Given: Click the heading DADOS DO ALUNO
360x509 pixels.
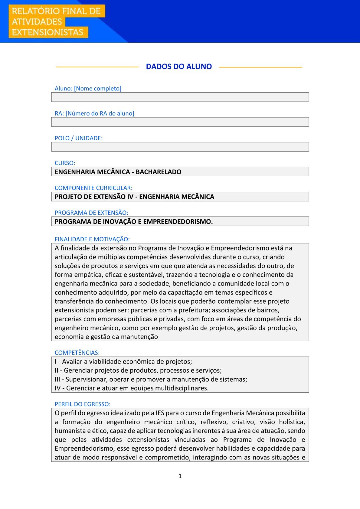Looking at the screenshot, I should click(x=179, y=67).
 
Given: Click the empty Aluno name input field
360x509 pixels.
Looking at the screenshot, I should click(x=180, y=97).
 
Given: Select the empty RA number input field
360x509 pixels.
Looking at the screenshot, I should click(x=180, y=122).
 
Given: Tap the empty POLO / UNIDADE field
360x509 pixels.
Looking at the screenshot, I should click(x=180, y=147).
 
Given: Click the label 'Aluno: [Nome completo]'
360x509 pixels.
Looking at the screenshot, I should click(x=88, y=88).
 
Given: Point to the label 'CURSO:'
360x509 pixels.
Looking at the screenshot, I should click(x=65, y=163).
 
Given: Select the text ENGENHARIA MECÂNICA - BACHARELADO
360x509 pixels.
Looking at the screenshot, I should click(x=118, y=172).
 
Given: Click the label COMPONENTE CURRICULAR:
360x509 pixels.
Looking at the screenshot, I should click(x=93, y=188).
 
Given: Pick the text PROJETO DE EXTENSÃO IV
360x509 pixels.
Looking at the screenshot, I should click(x=94, y=197).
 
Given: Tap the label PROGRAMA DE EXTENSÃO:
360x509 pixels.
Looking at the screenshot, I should click(x=91, y=213).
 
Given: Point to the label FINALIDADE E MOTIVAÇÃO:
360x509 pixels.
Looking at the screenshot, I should click(x=92, y=239).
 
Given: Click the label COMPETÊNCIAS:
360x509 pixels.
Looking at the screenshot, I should click(x=77, y=353).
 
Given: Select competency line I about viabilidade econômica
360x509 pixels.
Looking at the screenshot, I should click(x=123, y=361).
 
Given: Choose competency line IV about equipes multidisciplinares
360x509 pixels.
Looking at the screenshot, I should click(x=132, y=388).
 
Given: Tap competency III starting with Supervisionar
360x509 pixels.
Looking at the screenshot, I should click(x=151, y=379).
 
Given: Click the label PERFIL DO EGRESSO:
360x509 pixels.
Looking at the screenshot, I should click(x=83, y=404).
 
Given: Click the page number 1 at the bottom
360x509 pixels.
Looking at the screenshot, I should click(x=180, y=476).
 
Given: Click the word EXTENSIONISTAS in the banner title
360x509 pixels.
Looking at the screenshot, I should click(x=47, y=32).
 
